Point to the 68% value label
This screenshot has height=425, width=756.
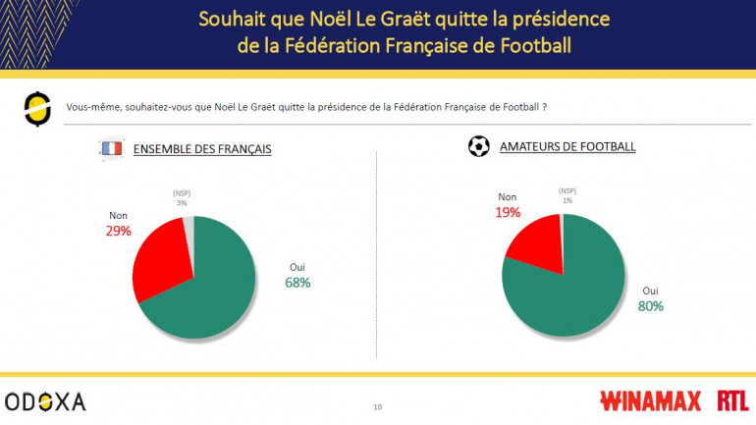coord(297,284)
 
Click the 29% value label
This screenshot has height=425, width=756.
coord(118,231)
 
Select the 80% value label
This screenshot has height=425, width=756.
coord(651,306)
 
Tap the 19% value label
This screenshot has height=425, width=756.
coord(508,212)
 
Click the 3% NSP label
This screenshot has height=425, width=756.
coord(182,203)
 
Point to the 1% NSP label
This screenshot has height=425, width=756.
coord(567,200)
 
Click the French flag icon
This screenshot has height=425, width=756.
coord(111,149)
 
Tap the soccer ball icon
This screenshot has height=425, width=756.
coord(479,147)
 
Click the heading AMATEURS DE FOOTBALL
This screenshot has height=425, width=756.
coord(567,147)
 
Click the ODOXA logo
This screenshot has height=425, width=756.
coord(45,400)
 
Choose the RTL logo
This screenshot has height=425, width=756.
coord(732,400)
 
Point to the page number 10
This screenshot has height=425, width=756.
coord(378,406)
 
